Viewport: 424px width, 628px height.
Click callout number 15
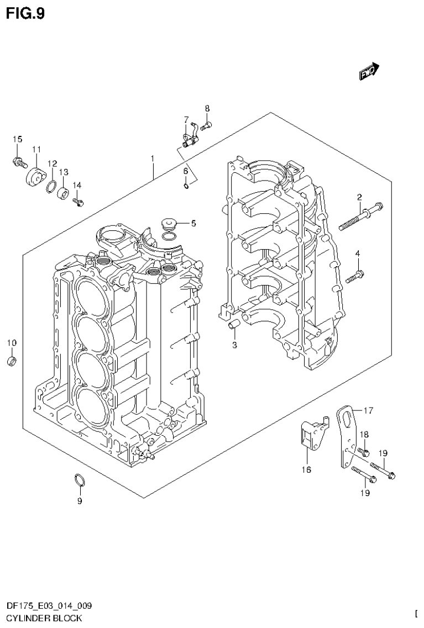(17, 139)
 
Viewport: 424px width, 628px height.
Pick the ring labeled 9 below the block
(80, 481)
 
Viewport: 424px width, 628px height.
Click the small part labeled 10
(12, 362)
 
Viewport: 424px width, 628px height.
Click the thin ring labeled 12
(51, 186)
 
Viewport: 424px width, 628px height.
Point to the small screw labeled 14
(78, 202)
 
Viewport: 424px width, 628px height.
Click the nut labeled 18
(364, 452)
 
